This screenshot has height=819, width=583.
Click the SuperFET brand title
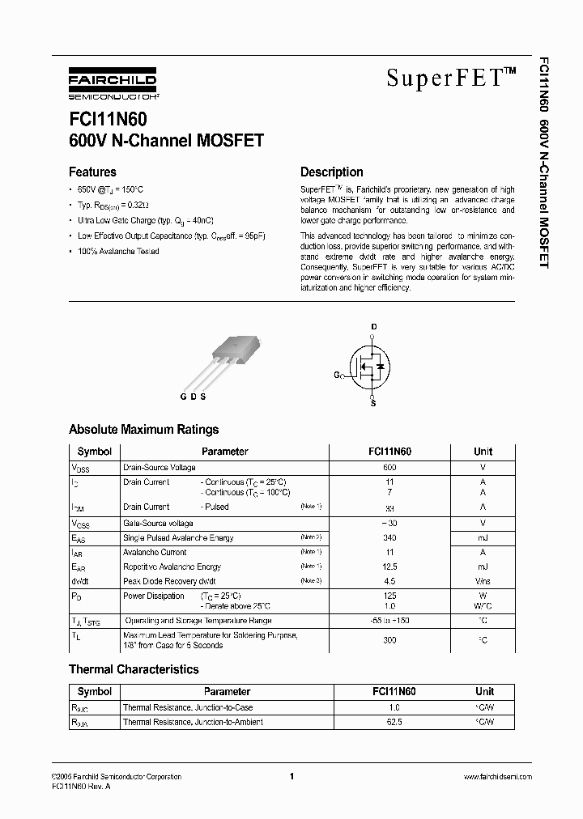tap(450, 78)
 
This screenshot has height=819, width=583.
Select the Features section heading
tap(92, 172)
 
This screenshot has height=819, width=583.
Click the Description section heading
tap(331, 172)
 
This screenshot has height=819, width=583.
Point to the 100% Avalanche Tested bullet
tap(118, 251)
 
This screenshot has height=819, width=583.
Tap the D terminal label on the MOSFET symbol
tap(373, 327)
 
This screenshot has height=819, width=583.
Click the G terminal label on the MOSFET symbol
tap(336, 375)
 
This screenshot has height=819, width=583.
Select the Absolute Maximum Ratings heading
tap(143, 430)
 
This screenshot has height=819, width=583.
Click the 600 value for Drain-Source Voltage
tap(389, 468)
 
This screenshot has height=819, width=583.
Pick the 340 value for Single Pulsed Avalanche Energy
tap(389, 538)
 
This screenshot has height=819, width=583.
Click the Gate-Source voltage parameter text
tap(158, 524)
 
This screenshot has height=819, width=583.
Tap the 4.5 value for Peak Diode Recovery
tap(389, 581)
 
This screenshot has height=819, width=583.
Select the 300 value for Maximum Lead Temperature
tap(389, 639)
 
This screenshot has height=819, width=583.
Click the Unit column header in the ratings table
tap(483, 452)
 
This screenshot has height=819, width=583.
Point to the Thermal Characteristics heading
tap(134, 669)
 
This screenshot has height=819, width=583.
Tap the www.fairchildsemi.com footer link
tap(497, 776)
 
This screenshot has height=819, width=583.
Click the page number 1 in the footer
tap(291, 776)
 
